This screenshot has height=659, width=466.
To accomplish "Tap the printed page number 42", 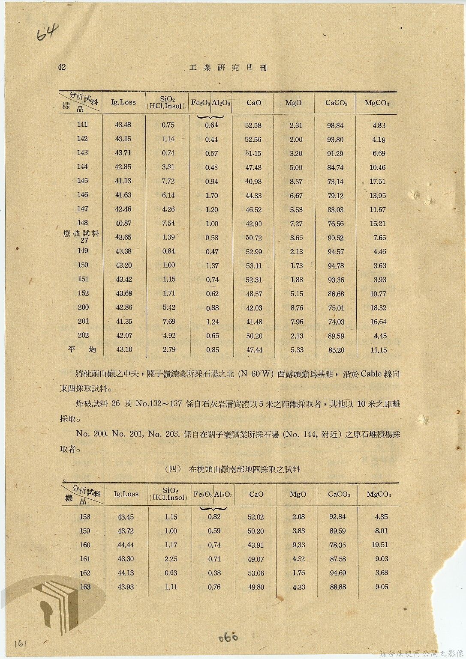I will coord(62,67).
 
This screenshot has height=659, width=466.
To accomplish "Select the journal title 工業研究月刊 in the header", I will coord(228,68).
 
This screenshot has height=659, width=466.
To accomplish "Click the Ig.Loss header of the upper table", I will coord(123,102).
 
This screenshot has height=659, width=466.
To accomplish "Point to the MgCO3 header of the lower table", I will coord(379,495).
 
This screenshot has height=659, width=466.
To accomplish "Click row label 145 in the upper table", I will coord(82,181).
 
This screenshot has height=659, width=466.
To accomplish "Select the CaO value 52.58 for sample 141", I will coord(253,125).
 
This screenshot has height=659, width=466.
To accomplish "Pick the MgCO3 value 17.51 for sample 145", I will coord(378,182).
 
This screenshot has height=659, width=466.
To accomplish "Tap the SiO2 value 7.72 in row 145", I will coord(168,181).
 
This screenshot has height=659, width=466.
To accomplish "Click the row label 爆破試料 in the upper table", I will coord(81,233).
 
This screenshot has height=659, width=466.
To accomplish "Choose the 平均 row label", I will coord(81,349).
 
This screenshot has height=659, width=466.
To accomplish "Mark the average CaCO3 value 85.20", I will coord(336,350).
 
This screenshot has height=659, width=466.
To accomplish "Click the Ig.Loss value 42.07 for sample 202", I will coord(123,336).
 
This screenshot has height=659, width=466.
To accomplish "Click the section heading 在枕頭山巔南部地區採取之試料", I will coord(244,469).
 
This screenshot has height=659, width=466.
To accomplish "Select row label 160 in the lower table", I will coord(85,545).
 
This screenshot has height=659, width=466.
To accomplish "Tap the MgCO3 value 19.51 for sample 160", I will coord(381,545).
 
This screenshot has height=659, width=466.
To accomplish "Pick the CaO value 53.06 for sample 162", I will coord(256,573).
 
